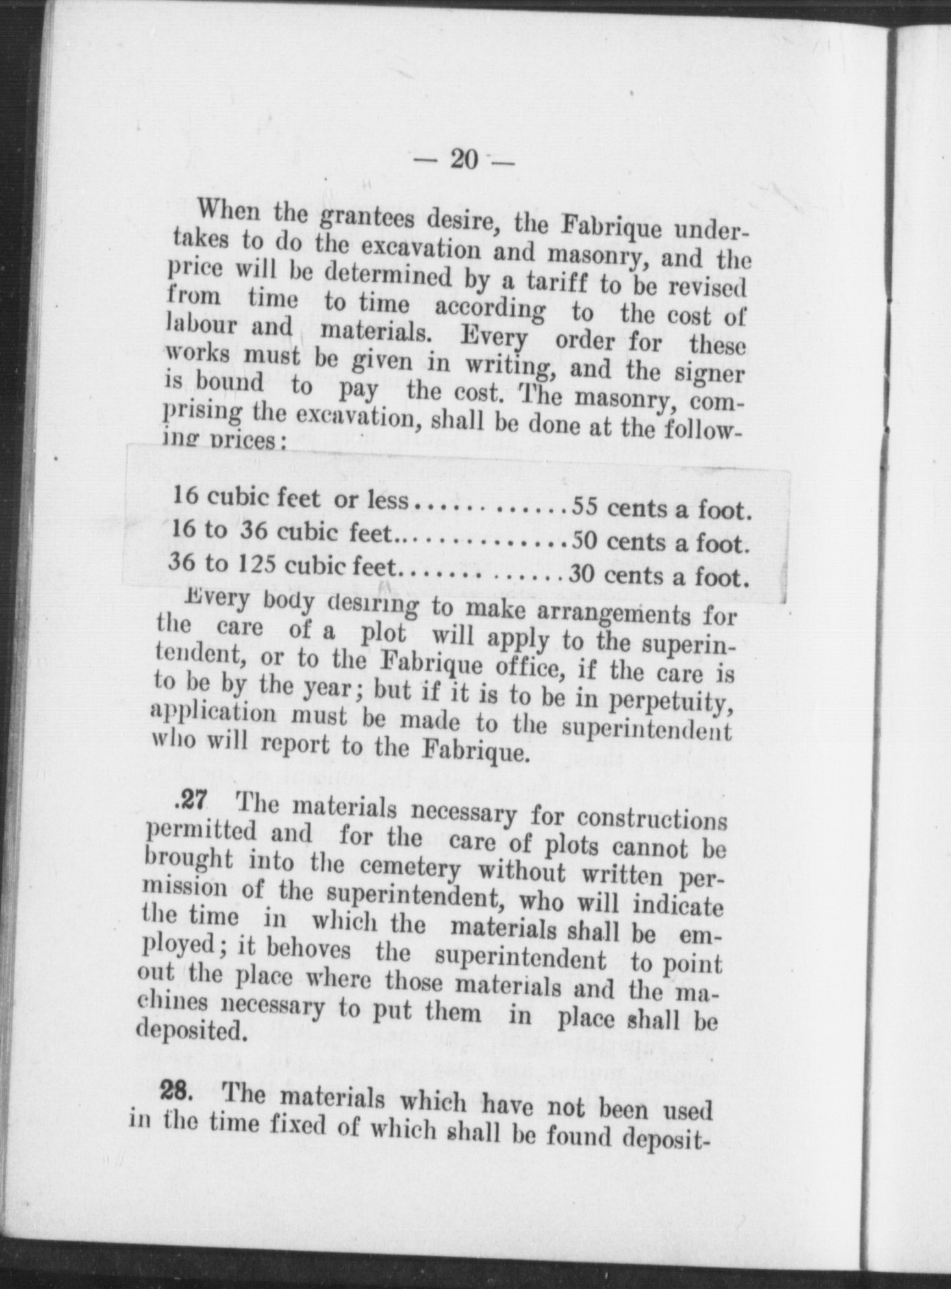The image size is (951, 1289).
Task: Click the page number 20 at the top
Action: tap(463, 159)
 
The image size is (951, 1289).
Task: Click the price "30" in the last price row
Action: tap(583, 574)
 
